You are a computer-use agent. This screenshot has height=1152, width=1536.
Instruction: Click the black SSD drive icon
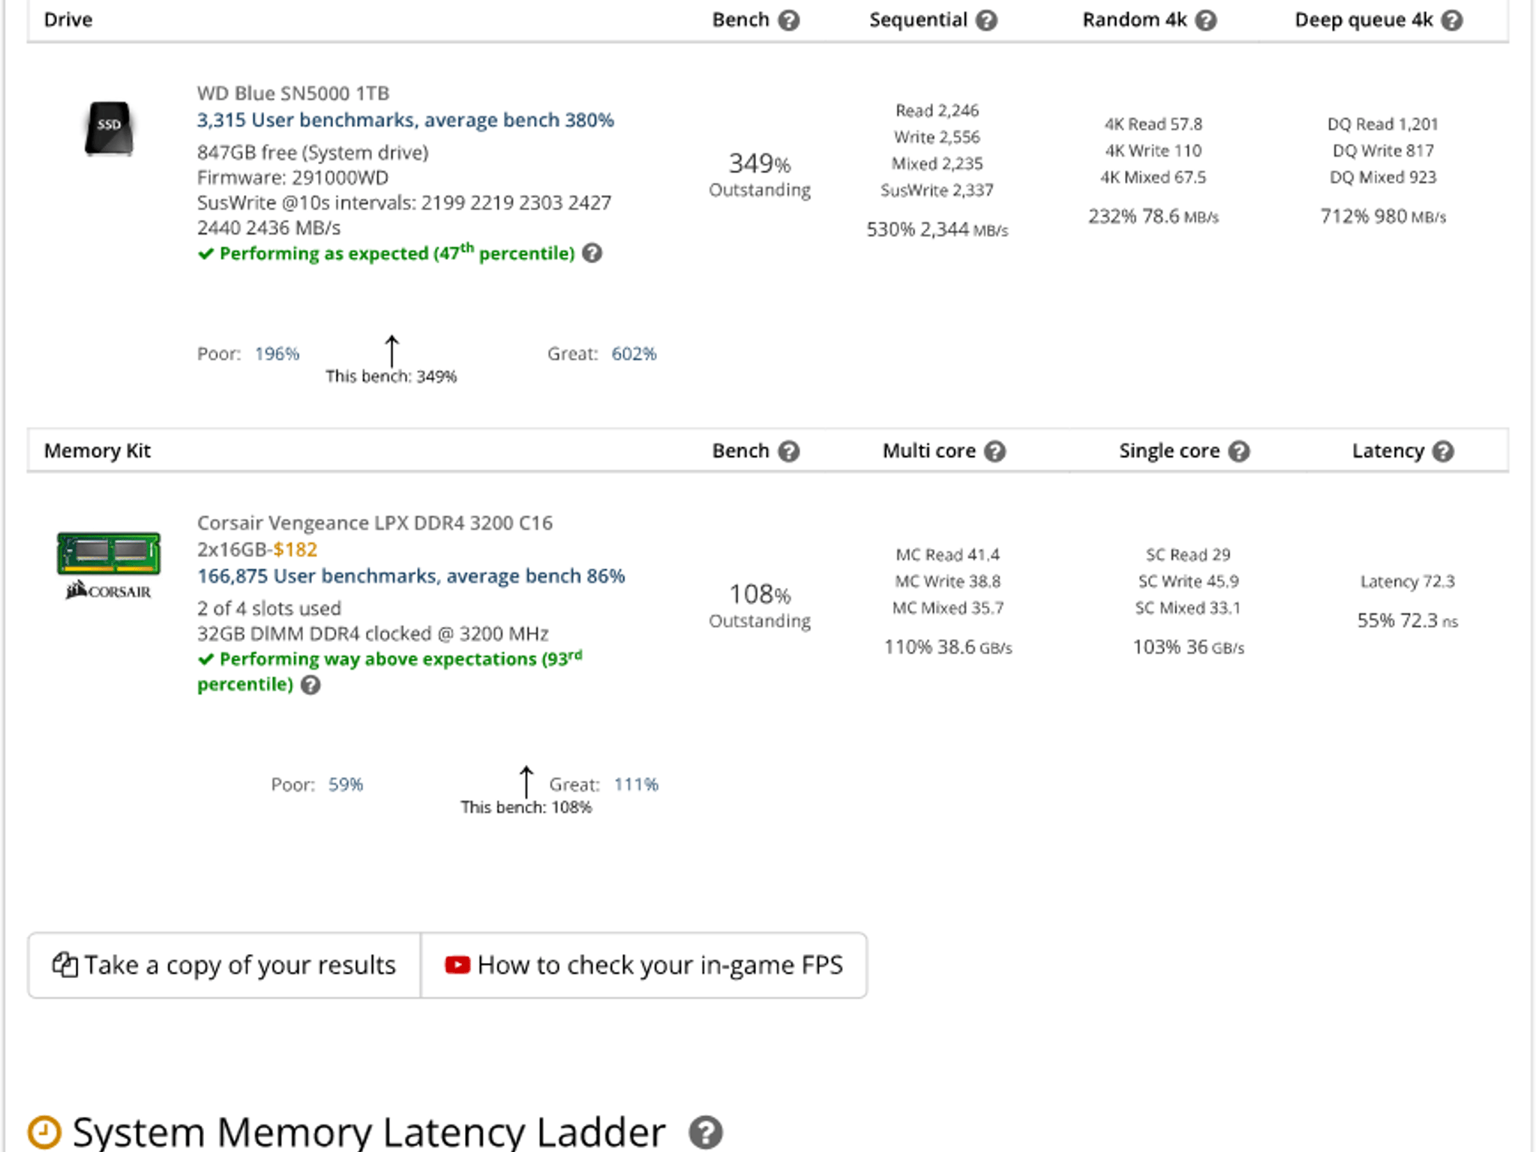click(109, 128)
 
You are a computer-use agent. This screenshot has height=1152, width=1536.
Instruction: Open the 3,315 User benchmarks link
click(405, 120)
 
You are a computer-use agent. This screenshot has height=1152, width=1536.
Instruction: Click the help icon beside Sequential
click(986, 20)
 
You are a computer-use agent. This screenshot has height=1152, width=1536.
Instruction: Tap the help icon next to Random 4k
click(1205, 20)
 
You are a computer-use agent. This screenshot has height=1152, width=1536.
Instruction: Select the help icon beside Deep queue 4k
click(1452, 20)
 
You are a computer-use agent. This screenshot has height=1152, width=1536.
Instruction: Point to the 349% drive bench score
click(760, 163)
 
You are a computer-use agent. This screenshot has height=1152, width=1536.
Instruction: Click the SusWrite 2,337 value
click(937, 190)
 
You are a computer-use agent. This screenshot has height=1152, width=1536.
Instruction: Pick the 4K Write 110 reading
click(1153, 151)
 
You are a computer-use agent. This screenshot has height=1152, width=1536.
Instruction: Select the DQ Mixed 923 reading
click(1382, 177)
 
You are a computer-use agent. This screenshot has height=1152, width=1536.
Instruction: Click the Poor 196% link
click(277, 354)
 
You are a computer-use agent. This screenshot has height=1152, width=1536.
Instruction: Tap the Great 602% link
click(634, 354)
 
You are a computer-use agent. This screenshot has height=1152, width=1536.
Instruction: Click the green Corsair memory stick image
click(109, 553)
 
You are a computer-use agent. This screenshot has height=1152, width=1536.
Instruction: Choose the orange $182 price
click(295, 550)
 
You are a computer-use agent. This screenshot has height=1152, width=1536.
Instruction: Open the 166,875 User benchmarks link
click(411, 576)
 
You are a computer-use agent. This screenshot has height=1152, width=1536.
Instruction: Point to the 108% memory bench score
click(760, 594)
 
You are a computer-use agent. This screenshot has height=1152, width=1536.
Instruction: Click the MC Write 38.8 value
click(947, 581)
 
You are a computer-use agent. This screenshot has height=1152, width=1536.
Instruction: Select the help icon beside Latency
click(1443, 451)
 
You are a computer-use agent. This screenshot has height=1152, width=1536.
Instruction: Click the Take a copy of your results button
click(224, 965)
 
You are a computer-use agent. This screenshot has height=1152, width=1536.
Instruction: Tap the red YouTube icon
click(457, 964)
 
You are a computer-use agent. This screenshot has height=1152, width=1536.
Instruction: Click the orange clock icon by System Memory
click(44, 1132)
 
